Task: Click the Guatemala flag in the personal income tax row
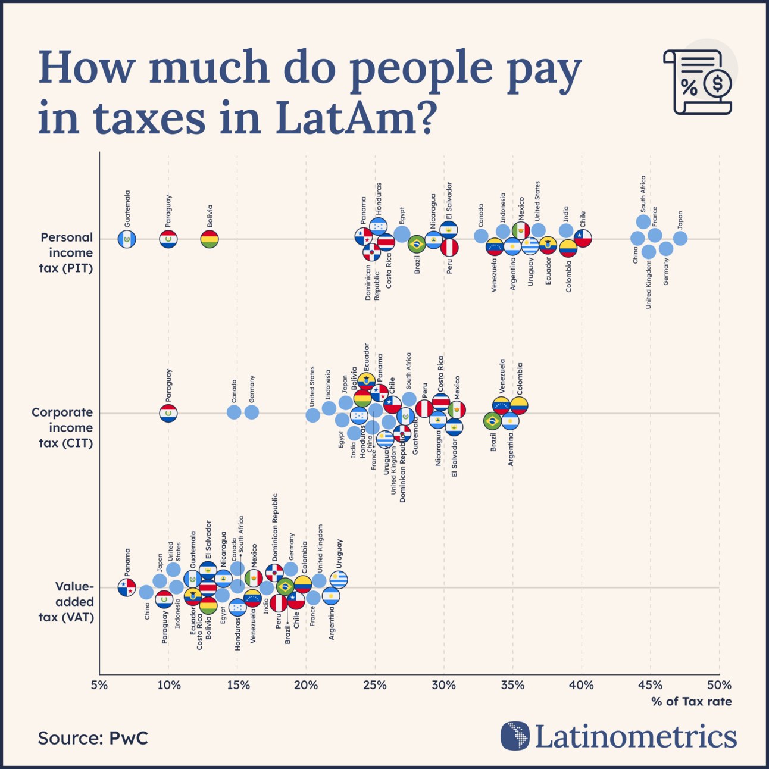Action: pos(127,239)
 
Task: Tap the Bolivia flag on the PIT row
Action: pos(210,239)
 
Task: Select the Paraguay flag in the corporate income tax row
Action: pos(168,413)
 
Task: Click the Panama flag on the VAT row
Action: pos(127,587)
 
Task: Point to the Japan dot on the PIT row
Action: pos(680,238)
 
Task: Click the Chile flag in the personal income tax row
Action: pos(583,238)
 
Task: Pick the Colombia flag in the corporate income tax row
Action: pos(519,405)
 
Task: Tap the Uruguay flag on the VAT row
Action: pos(339,579)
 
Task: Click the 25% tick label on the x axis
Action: pos(374,685)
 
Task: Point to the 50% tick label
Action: pos(719,685)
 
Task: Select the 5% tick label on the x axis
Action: pos(99,685)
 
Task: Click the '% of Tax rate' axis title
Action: pos(691,702)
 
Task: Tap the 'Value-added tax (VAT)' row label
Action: pos(67,602)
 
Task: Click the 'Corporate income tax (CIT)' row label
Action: pos(62,427)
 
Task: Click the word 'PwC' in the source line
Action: pos(128,738)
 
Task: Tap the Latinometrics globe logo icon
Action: pos(515,736)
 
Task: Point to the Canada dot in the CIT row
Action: pos(234,412)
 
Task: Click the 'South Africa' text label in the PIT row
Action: pos(643,194)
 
